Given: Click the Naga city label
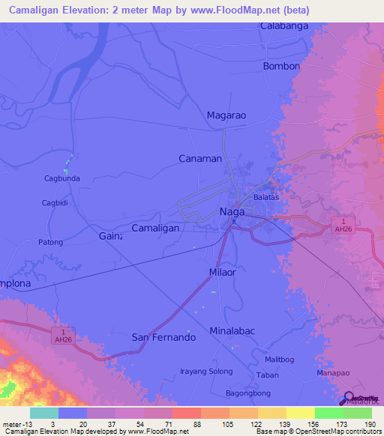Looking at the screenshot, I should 233,212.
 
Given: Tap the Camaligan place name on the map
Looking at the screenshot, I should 155,228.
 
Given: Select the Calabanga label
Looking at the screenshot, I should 285,26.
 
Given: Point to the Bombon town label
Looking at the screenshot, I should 282,66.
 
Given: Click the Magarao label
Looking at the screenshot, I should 226,115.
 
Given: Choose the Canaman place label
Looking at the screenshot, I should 200,159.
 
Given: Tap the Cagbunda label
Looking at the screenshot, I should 62,178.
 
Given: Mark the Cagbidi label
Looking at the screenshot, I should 55,202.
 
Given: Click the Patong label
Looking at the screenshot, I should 50,242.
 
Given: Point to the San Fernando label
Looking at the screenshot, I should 163,337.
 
